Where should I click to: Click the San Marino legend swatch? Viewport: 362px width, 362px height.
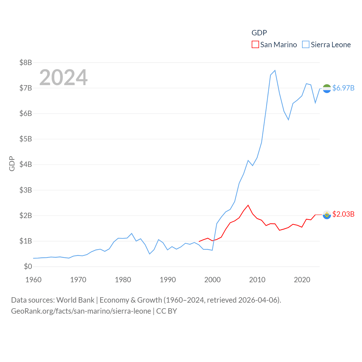255,45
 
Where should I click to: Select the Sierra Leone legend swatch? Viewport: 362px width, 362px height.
306,45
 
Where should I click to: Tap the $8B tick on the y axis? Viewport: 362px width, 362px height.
25,63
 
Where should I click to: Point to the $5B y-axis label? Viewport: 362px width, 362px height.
25,139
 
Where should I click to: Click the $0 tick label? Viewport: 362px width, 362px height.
28,267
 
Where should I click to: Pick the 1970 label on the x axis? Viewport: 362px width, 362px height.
78,280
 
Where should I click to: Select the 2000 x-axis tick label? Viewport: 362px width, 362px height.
212,280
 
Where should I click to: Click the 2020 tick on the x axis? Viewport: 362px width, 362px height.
302,280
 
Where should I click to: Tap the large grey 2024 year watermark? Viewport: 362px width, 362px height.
63,77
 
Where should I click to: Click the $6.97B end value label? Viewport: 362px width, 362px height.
343,88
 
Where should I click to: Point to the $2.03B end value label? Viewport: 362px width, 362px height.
343,214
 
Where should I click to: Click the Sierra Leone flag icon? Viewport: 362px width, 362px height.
327,89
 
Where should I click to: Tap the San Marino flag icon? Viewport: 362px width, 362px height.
327,215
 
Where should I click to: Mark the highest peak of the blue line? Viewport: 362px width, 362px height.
275,70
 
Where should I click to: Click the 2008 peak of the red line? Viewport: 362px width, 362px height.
248,205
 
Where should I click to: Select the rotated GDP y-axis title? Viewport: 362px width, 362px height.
12,163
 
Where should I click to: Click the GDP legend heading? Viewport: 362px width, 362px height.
259,33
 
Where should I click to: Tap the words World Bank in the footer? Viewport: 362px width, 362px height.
76,300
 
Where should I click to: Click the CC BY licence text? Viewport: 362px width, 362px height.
167,311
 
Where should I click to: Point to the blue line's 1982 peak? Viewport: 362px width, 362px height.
132,234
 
